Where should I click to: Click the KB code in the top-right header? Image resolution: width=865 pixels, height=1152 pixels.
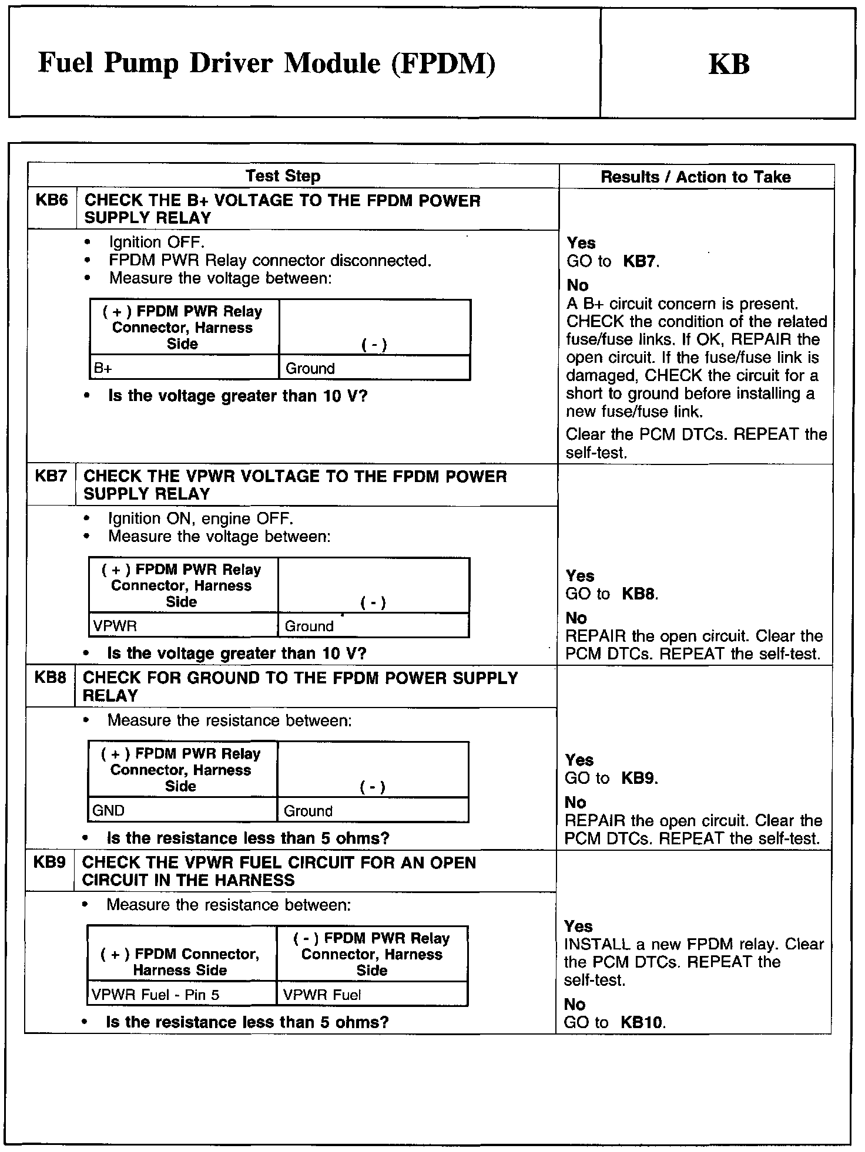pos(729,64)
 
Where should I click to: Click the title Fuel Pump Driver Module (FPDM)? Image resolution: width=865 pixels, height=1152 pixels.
pos(266,63)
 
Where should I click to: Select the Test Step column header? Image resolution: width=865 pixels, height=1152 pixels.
pos(283,176)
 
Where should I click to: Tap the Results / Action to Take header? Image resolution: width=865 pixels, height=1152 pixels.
pos(695,177)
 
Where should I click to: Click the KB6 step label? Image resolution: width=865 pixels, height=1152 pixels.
pos(52,200)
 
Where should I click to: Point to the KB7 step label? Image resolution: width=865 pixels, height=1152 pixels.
pos(51,476)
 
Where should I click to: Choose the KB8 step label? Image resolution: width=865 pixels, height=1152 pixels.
pos(50,678)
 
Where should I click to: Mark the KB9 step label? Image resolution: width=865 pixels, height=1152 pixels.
pos(49,863)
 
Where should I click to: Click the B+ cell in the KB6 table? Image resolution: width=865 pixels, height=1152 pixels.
pos(103,368)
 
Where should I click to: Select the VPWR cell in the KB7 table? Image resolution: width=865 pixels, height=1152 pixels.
pos(115,626)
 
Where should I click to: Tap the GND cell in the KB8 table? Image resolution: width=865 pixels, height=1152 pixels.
pos(109,810)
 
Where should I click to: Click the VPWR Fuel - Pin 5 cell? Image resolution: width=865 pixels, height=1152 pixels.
pos(155,995)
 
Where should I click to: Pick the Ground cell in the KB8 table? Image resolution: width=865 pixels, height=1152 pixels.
pos(308,811)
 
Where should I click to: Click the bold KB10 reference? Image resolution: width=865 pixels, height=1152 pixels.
pos(642,1022)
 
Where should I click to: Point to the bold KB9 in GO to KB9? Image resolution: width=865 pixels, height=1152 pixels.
pos(638,778)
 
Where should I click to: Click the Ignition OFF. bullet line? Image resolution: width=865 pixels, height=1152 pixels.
pos(156,242)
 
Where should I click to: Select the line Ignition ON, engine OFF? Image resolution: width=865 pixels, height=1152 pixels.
pos(200,518)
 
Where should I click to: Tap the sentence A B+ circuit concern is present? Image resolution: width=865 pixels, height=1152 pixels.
pos(682,304)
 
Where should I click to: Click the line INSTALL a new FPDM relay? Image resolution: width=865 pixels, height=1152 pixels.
pos(693,944)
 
